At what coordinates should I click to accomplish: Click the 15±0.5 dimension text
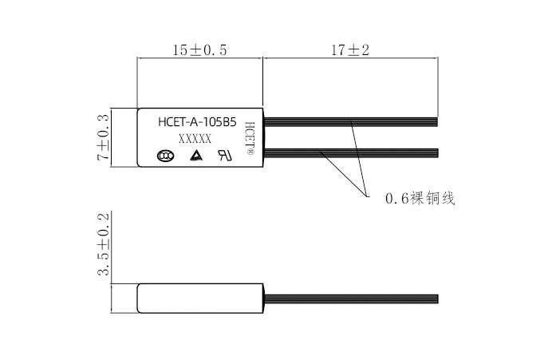click(200, 50)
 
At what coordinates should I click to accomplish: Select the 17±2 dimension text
click(350, 50)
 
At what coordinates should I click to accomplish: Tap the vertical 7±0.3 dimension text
click(103, 139)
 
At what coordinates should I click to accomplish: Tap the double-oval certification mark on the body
click(165, 156)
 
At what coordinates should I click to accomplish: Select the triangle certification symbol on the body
click(195, 156)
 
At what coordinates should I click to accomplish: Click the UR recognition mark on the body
click(225, 156)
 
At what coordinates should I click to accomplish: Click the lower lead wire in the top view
click(351, 151)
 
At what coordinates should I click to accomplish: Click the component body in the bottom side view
click(199, 298)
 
